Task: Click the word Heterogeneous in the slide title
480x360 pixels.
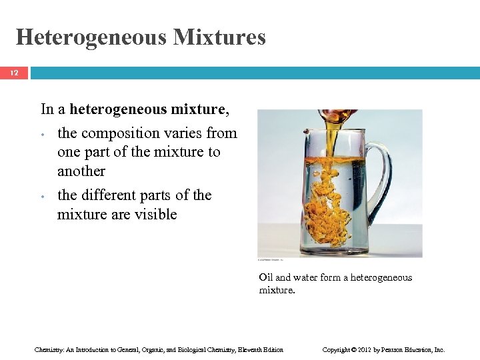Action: point(91,37)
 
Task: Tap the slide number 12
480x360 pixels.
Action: point(14,73)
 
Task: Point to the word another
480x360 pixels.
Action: point(81,171)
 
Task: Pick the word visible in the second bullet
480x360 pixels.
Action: point(155,214)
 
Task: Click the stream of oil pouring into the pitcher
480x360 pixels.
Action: point(331,137)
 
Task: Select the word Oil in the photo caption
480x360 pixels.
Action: point(266,277)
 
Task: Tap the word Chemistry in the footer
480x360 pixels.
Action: point(48,349)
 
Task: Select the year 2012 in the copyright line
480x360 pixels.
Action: point(360,349)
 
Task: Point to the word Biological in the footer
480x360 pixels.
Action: point(189,349)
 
